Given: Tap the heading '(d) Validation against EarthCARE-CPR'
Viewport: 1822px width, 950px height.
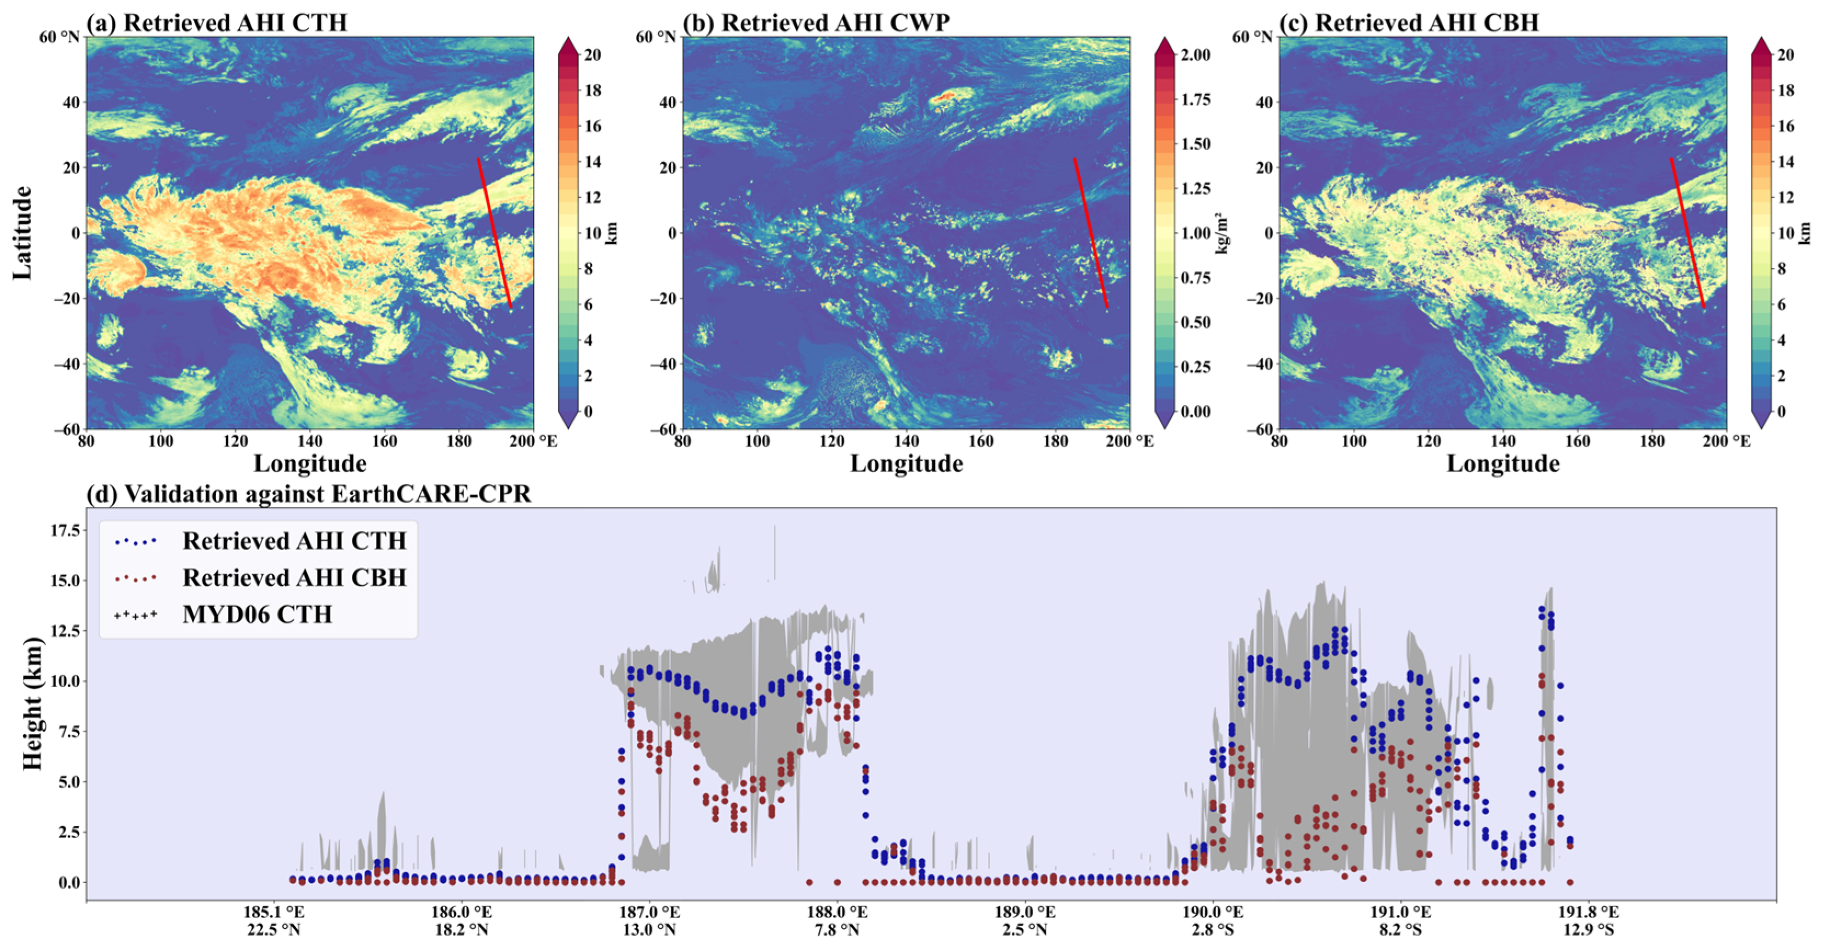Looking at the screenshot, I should pos(309,494).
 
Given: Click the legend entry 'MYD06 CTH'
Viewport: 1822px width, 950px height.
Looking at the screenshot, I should pos(258,614).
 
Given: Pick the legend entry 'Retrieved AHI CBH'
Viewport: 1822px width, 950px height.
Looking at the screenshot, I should pos(294,577).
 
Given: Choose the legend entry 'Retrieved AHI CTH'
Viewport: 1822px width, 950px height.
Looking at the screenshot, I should pos(294,541).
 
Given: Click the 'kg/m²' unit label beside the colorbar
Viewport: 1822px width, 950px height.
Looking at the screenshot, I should pos(1226,233).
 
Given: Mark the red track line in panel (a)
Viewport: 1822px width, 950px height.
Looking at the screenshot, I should pos(494,233).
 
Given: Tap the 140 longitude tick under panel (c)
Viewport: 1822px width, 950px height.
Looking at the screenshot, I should pos(1503,441).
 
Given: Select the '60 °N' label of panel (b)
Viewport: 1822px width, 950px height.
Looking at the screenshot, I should pos(656,37).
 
